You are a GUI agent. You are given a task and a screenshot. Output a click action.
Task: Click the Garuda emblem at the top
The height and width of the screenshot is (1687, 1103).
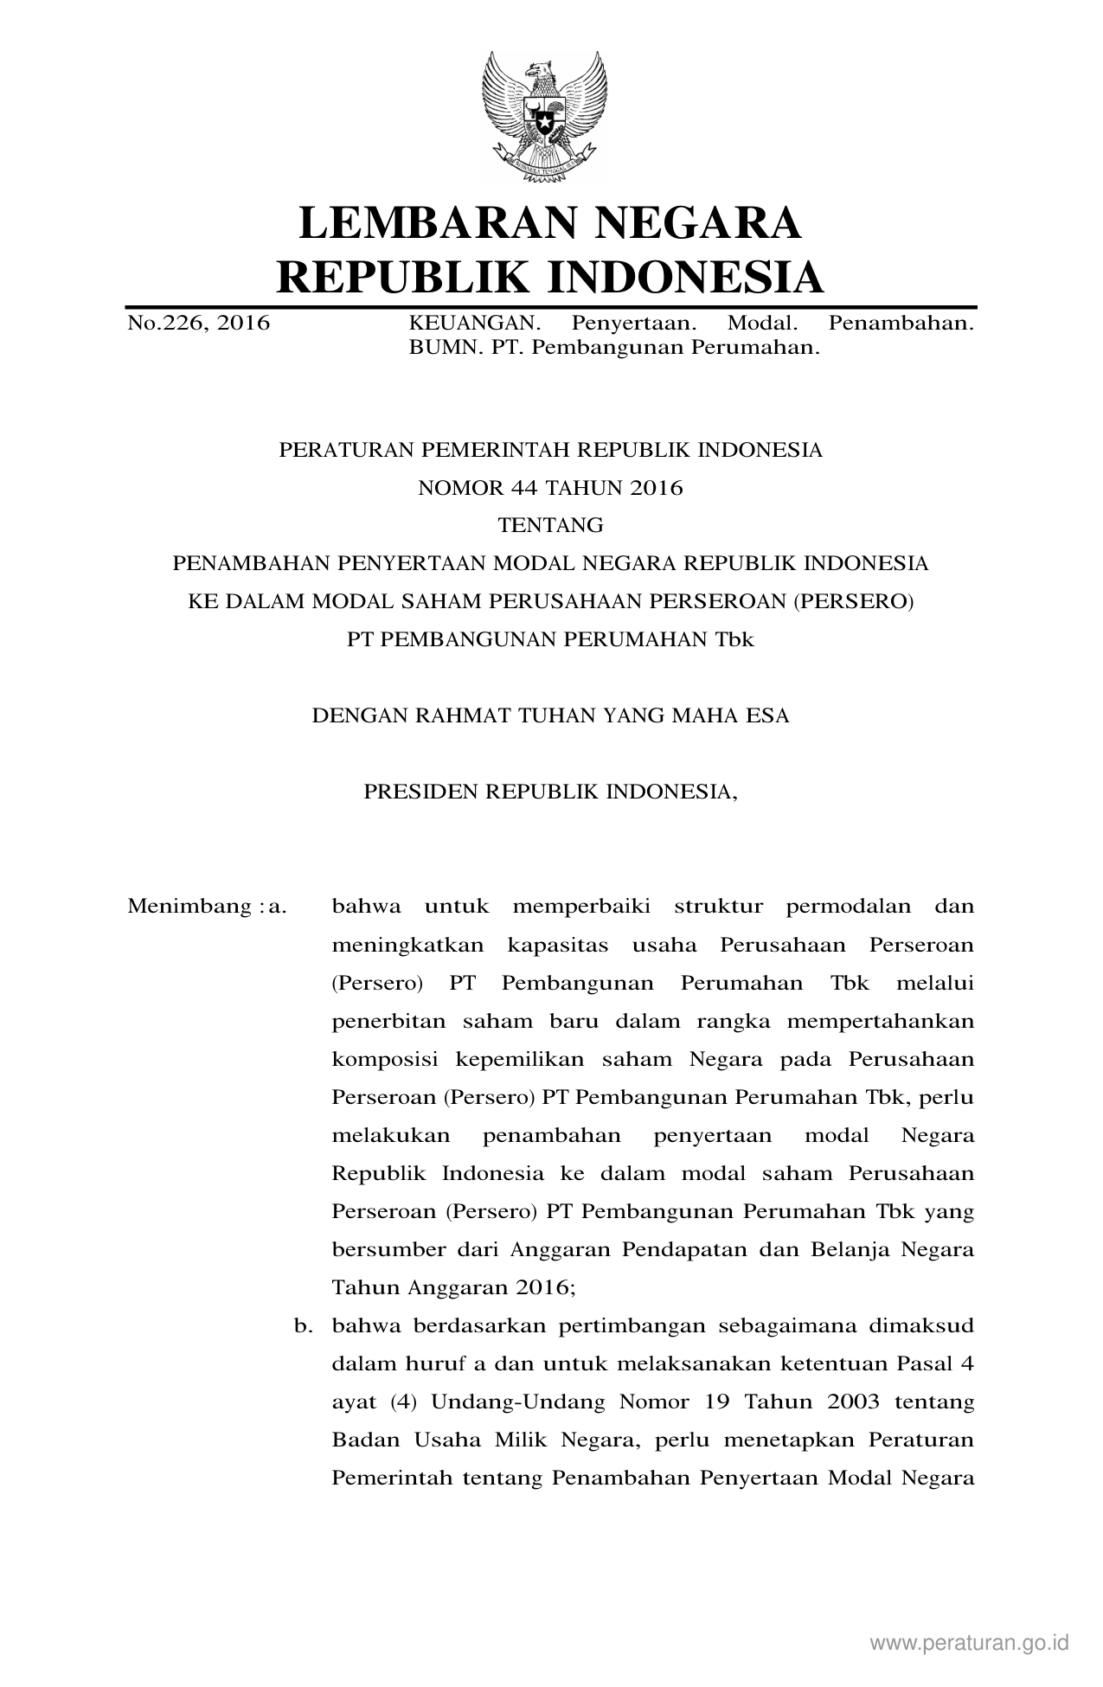(x=544, y=115)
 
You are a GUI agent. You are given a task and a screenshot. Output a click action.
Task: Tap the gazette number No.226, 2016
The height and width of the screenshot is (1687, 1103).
(x=198, y=324)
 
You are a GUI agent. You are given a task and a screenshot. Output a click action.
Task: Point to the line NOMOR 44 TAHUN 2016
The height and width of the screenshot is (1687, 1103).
(x=550, y=488)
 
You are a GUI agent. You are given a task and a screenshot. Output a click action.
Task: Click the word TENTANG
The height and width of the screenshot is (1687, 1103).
(x=550, y=525)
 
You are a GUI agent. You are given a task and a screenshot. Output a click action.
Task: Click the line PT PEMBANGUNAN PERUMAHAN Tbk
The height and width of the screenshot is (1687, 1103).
(x=550, y=639)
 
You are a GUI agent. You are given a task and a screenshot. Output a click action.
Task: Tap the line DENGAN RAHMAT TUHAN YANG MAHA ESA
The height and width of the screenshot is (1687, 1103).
(x=550, y=715)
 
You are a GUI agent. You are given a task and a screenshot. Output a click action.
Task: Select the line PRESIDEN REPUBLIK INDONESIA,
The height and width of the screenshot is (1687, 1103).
(x=550, y=792)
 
